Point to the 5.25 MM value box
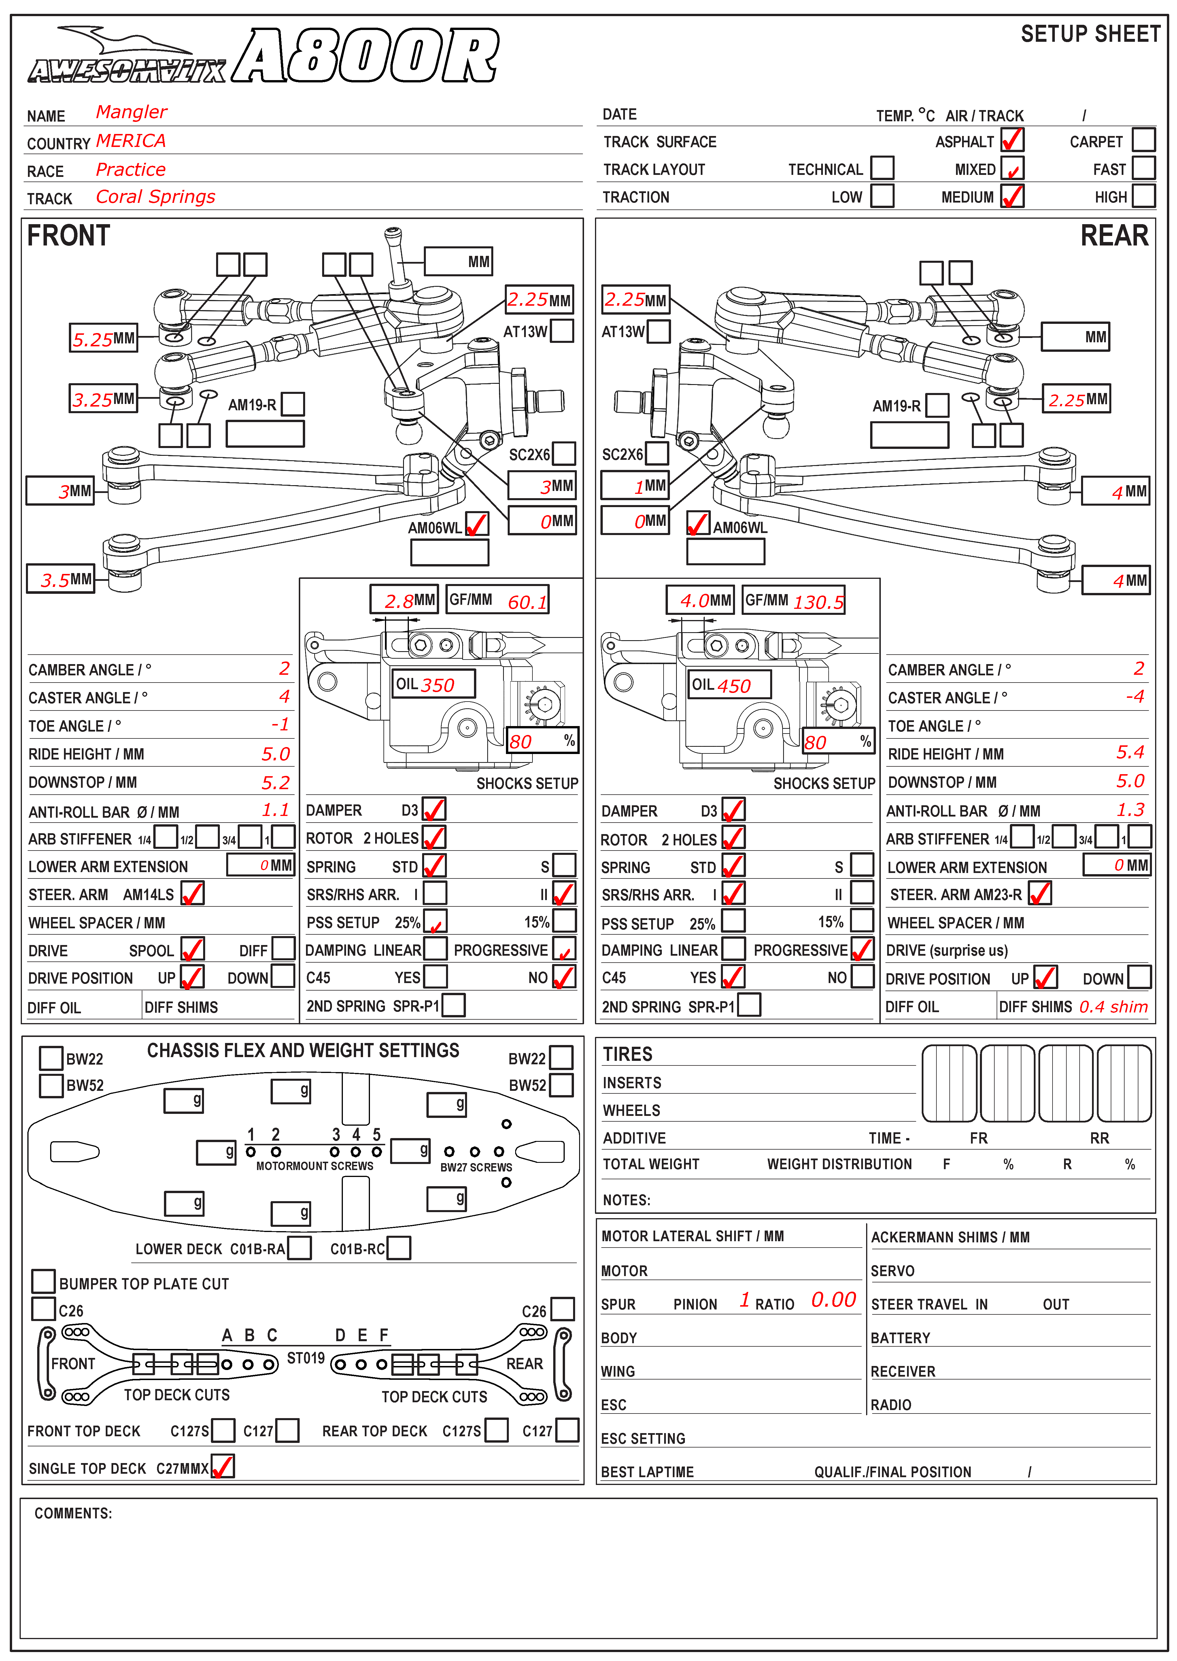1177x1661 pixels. click(104, 338)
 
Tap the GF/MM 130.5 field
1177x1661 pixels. click(794, 600)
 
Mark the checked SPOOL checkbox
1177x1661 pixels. click(193, 948)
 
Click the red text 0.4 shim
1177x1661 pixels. click(1113, 1007)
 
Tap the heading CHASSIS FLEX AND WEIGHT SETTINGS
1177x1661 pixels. click(303, 1051)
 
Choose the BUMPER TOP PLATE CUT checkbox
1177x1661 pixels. click(44, 1281)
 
